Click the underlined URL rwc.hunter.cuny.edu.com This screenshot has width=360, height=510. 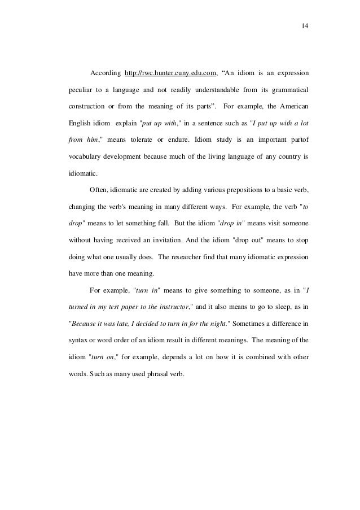tap(170, 73)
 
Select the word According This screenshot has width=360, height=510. tap(104, 73)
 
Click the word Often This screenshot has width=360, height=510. tap(98, 189)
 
